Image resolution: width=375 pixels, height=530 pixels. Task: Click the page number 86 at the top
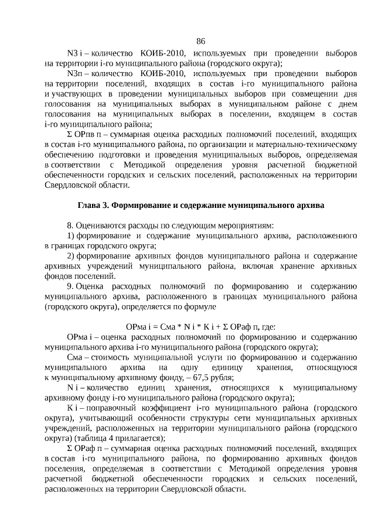click(x=200, y=41)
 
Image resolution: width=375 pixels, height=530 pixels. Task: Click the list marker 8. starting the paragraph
click(x=71, y=225)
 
